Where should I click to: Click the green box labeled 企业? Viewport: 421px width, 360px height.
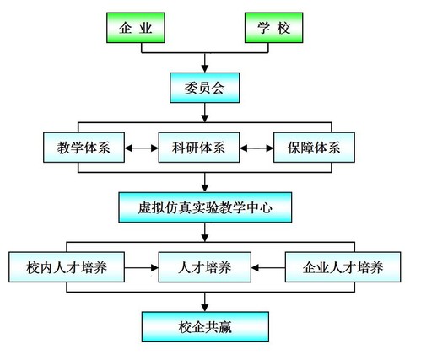coord(136,28)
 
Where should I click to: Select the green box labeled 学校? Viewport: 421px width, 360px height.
coord(273,28)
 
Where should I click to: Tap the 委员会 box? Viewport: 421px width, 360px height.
coord(205,88)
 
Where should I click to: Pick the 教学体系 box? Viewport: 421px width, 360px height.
coord(84,148)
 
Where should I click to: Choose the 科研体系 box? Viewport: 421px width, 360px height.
coord(199,148)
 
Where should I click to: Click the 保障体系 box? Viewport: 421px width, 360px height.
coord(314,148)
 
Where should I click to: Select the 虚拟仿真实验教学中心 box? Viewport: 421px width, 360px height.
coord(205,207)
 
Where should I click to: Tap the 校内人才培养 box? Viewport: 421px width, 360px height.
coord(67,267)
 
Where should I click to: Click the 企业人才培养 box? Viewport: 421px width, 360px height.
coord(343,267)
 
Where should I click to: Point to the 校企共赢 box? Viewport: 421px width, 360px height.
coord(205,327)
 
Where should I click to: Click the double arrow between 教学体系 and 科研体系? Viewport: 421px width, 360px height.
coord(142,148)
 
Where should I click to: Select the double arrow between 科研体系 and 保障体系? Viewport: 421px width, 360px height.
coord(256,148)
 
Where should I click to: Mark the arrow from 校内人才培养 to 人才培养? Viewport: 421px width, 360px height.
coord(142,267)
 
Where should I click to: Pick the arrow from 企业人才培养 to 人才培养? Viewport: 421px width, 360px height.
coord(268,267)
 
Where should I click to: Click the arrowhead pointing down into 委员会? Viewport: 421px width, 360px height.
coord(205,69)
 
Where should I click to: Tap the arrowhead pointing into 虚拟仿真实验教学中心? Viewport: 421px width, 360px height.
coord(205,188)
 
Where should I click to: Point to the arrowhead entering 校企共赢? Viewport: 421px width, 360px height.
coord(205,308)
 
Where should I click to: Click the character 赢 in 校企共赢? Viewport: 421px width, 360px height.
coord(225,327)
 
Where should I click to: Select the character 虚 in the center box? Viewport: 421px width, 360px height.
coord(144,208)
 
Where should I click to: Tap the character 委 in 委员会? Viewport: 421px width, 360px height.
coord(191,88)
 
